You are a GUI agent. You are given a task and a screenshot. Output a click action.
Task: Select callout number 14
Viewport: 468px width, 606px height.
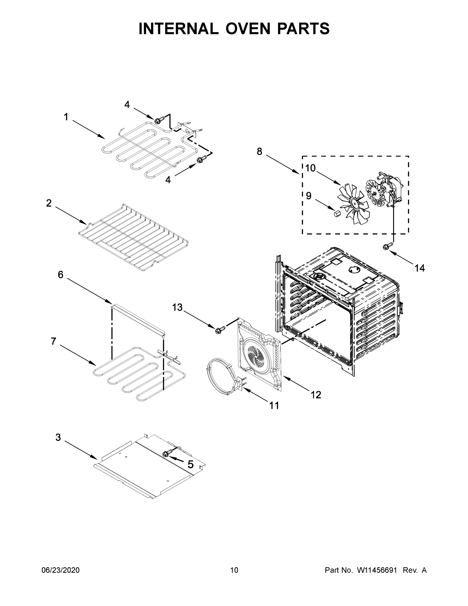[420, 268]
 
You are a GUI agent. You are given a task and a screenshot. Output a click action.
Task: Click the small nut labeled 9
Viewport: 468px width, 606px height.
[337, 214]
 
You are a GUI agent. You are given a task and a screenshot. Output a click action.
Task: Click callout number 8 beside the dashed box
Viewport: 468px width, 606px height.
[259, 151]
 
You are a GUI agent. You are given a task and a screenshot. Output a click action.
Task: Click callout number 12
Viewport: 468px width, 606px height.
[316, 395]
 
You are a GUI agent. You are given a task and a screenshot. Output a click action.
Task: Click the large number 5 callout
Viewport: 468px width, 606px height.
[190, 464]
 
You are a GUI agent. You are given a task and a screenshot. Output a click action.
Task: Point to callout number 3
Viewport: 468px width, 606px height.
[58, 437]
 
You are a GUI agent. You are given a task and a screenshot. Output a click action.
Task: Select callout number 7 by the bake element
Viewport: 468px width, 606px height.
[53, 341]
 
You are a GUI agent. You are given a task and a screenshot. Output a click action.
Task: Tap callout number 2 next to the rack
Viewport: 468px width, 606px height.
[49, 203]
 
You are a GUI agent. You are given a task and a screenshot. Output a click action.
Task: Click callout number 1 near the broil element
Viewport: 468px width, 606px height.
[66, 117]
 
